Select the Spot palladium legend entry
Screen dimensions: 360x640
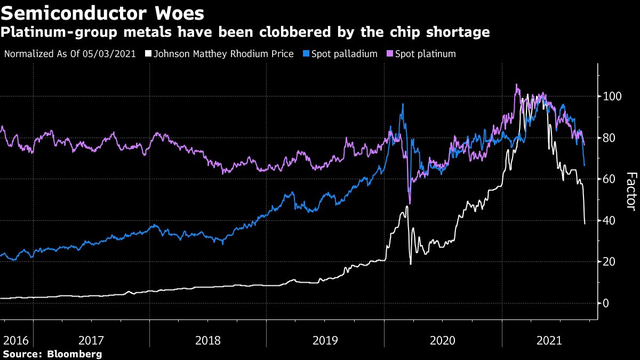coord(343,54)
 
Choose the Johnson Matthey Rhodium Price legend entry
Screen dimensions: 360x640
coord(223,54)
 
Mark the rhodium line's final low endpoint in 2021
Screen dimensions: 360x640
coord(585,223)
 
